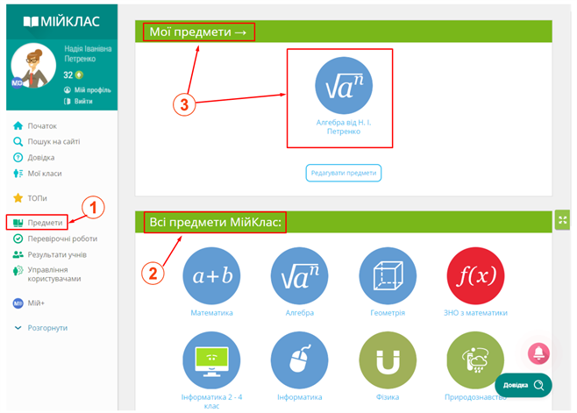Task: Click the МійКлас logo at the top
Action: (61, 21)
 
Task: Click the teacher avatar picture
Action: (33, 66)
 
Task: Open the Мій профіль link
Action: (87, 89)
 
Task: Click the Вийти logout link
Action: (78, 101)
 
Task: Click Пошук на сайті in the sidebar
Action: (46, 142)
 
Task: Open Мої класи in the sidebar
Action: (37, 174)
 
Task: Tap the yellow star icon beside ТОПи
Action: (18, 198)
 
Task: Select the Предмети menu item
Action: (37, 223)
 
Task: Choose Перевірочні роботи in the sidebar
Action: (55, 239)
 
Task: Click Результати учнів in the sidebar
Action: (50, 254)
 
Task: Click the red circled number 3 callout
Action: (184, 104)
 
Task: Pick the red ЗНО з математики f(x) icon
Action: (475, 275)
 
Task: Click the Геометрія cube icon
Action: (388, 275)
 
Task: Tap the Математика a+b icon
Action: (211, 275)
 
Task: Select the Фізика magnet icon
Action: (388, 360)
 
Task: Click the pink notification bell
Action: (538, 353)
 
